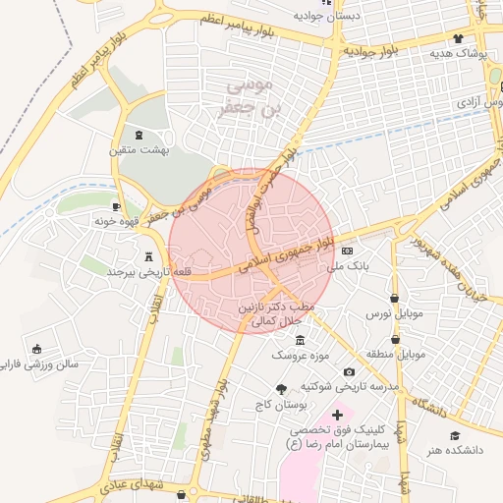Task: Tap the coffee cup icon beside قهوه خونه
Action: click(116, 206)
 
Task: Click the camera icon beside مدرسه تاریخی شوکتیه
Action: click(350, 371)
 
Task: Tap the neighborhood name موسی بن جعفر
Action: click(241, 98)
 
